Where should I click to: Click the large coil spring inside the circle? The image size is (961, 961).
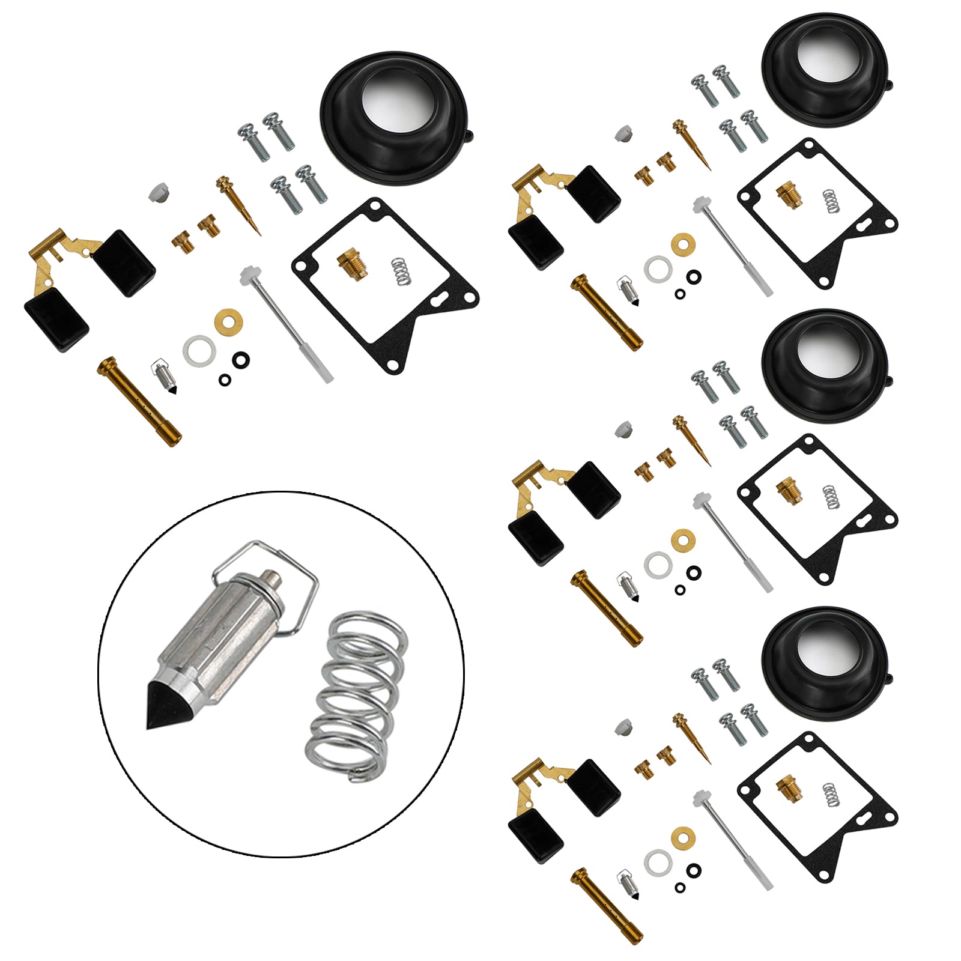pos(358,697)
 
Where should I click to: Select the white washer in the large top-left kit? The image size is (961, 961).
pos(199,351)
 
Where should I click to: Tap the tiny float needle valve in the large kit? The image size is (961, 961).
pos(164,376)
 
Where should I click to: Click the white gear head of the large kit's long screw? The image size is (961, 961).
pos(247,276)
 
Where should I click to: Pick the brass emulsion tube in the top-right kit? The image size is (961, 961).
pos(607,312)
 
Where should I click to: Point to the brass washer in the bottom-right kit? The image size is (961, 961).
pos(683,835)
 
